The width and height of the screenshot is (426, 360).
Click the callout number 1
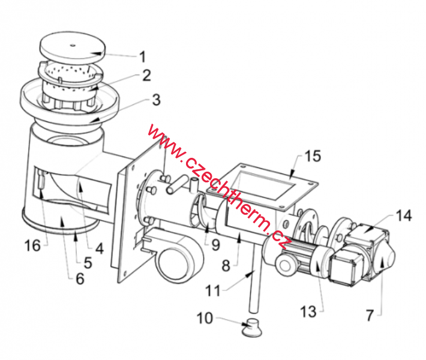pyautogui.click(x=142, y=57)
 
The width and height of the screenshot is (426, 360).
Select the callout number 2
pyautogui.click(x=146, y=75)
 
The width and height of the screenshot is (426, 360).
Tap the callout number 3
pyautogui.click(x=156, y=100)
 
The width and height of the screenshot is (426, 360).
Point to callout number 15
pyautogui.click(x=313, y=156)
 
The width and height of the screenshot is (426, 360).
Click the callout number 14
pyautogui.click(x=404, y=215)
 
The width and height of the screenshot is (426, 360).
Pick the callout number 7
pyautogui.click(x=370, y=316)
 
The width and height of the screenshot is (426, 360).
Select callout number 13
pyautogui.click(x=308, y=311)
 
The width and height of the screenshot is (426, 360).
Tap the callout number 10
pyautogui.click(x=205, y=318)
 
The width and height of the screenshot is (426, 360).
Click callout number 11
pyautogui.click(x=213, y=291)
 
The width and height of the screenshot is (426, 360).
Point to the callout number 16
pyautogui.click(x=32, y=245)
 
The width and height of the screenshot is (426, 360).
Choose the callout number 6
pyautogui.click(x=80, y=279)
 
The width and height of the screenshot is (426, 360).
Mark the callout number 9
pyautogui.click(x=215, y=245)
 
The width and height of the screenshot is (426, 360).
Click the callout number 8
pyautogui.click(x=226, y=265)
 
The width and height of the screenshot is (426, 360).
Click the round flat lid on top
pyautogui.click(x=73, y=46)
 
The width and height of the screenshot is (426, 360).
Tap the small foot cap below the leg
pyautogui.click(x=252, y=327)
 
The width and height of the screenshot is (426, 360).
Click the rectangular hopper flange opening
pyautogui.click(x=262, y=184)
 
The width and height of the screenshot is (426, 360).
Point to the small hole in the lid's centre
pyautogui.click(x=72, y=46)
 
